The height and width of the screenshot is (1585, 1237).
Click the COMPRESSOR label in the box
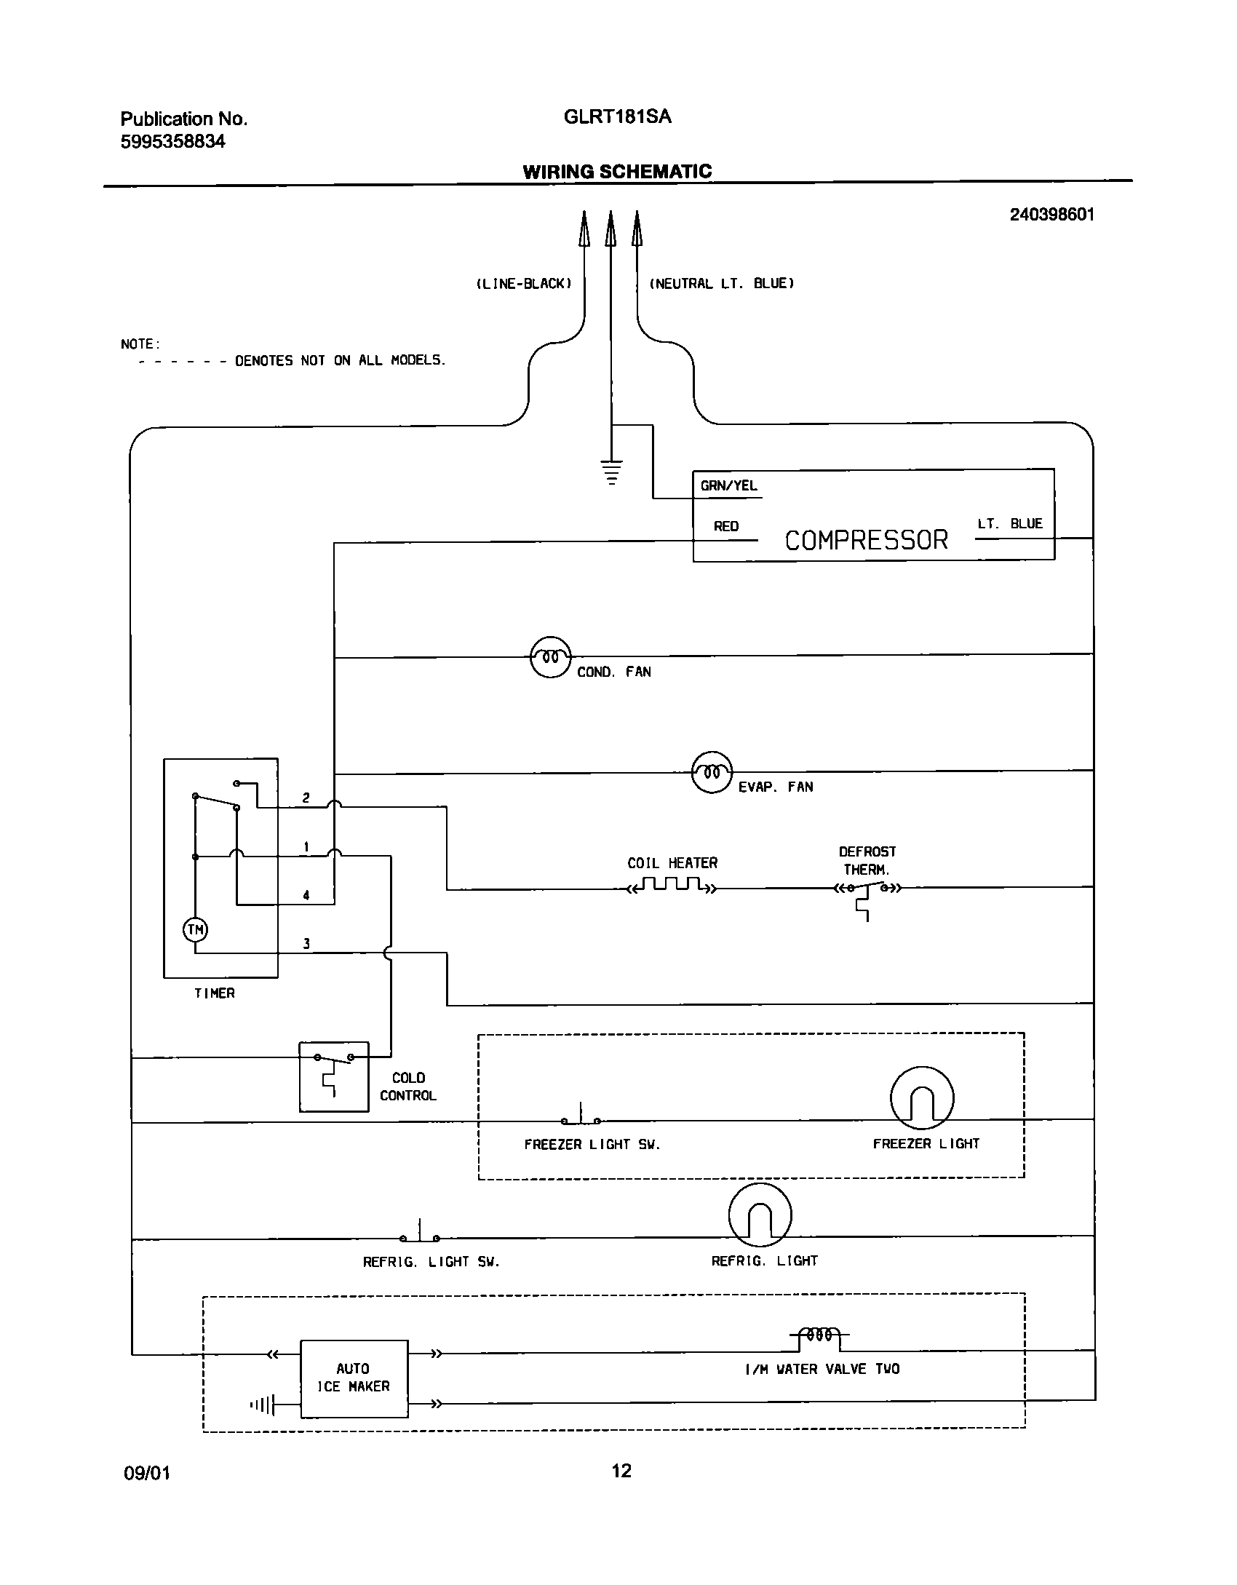(x=866, y=540)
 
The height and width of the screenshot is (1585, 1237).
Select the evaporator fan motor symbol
(x=712, y=772)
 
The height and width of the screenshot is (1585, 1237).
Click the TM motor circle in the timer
(x=195, y=929)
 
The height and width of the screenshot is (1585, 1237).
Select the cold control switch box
(x=334, y=1076)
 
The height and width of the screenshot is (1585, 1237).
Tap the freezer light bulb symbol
(x=921, y=1098)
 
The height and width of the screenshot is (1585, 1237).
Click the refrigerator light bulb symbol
(x=760, y=1215)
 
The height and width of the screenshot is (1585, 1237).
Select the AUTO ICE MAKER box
(x=354, y=1378)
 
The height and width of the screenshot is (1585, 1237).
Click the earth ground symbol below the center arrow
(x=611, y=472)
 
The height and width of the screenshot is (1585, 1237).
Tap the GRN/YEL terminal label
(x=728, y=485)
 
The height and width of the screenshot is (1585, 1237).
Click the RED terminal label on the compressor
(x=726, y=526)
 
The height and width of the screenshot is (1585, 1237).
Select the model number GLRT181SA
(x=617, y=116)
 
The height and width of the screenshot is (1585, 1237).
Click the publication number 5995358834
(x=172, y=142)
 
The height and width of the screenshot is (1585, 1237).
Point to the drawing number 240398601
(x=1051, y=214)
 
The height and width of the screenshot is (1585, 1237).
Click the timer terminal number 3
(x=306, y=944)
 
